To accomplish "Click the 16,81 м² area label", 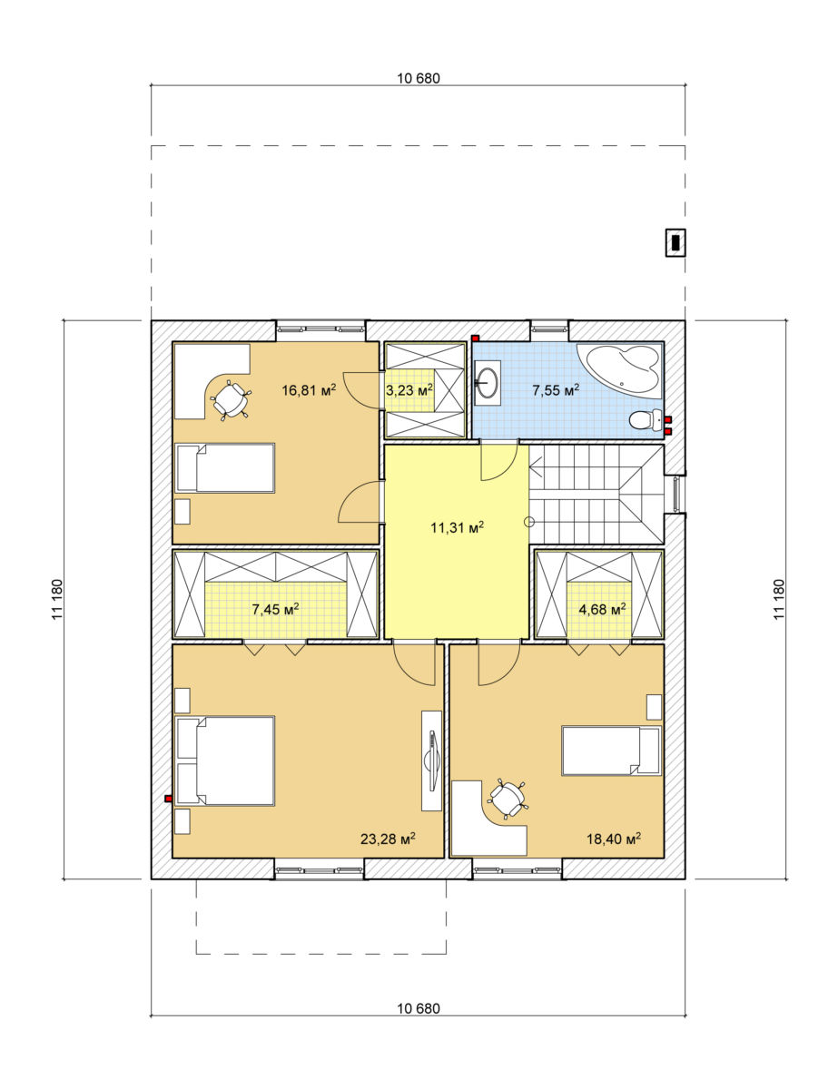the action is tap(309, 389).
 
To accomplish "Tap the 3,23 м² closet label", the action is tap(409, 389).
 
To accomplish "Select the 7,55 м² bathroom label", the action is tap(556, 389).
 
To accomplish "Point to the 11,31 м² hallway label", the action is tap(457, 526).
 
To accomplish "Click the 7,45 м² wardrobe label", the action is tap(275, 609).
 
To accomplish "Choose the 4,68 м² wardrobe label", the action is tap(602, 609).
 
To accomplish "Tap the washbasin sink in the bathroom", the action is tap(488, 382).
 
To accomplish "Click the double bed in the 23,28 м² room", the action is tap(225, 760).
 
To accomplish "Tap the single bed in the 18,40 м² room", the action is tap(611, 751).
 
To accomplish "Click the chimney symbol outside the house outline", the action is tap(675, 242).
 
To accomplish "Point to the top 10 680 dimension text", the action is tap(419, 79).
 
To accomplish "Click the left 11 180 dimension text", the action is tap(57, 599).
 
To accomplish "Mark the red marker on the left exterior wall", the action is tap(169, 799).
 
